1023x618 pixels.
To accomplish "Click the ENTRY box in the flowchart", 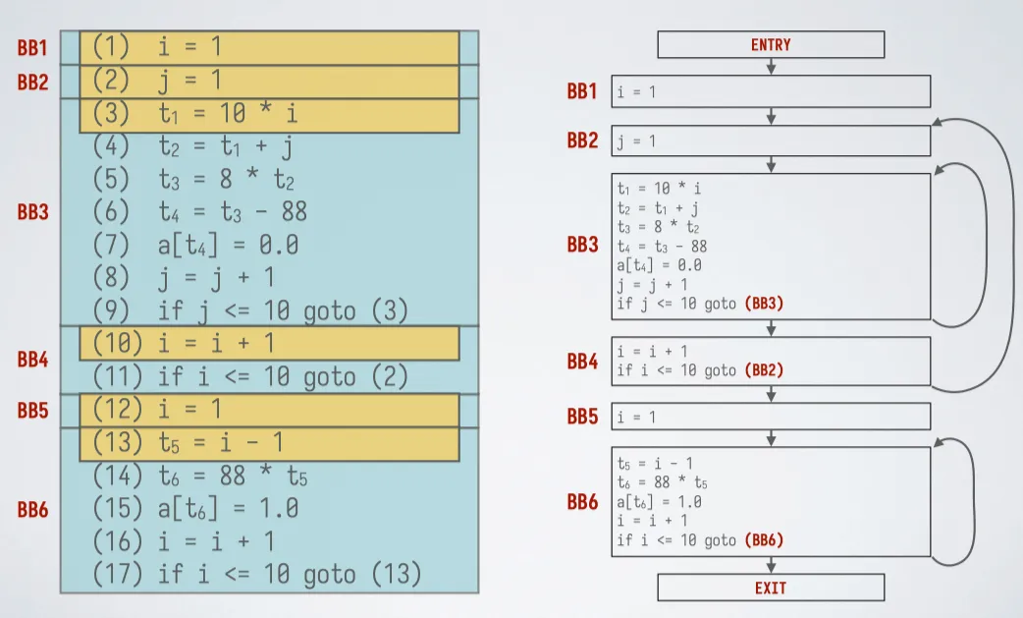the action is coord(771,44).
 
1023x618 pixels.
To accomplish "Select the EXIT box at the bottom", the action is coord(771,588).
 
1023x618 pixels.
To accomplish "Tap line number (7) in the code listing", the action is coord(111,245).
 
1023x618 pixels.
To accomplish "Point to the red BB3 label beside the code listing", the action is coord(32,212).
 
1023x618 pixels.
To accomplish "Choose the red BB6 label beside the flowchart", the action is coord(582,502).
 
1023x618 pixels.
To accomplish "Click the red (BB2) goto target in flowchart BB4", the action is coord(764,370).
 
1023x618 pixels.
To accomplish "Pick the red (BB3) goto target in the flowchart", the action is coord(764,304).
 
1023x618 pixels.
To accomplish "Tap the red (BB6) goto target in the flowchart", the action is coord(764,539).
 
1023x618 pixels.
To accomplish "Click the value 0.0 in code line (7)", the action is coord(279,245).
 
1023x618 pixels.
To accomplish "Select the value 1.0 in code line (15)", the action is coord(279,508).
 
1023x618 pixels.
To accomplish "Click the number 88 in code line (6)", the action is coord(294,211).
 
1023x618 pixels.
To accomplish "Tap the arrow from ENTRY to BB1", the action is coord(771,66).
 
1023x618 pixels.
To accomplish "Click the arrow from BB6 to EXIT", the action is coord(771,565).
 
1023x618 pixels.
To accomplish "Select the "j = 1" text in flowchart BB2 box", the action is coord(636,141).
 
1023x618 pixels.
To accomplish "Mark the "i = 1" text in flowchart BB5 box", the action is coord(636,417).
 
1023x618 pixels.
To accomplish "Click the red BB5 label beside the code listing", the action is coord(32,411).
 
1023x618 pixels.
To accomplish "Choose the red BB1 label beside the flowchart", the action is coord(582,91).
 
